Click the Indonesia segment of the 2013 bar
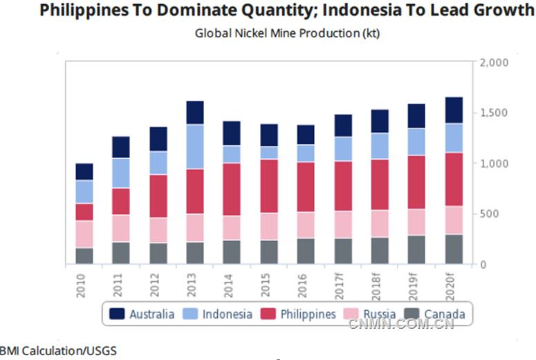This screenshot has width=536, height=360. click(x=195, y=146)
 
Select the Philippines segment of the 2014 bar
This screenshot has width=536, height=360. click(x=232, y=189)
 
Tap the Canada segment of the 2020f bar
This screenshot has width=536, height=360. click(x=454, y=249)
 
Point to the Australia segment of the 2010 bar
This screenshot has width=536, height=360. click(x=84, y=172)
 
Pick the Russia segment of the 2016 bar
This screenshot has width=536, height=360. click(x=306, y=225)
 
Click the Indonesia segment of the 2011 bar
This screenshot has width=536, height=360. click(x=121, y=173)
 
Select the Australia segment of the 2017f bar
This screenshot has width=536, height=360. click(x=342, y=126)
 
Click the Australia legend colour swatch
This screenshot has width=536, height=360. click(x=118, y=314)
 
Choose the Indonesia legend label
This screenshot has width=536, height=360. click(x=228, y=314)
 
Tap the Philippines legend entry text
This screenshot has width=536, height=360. click(x=308, y=314)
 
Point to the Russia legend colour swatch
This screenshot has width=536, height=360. click(x=353, y=314)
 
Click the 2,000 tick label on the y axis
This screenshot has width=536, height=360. click(x=494, y=63)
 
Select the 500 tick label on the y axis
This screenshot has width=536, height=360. click(x=490, y=214)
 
